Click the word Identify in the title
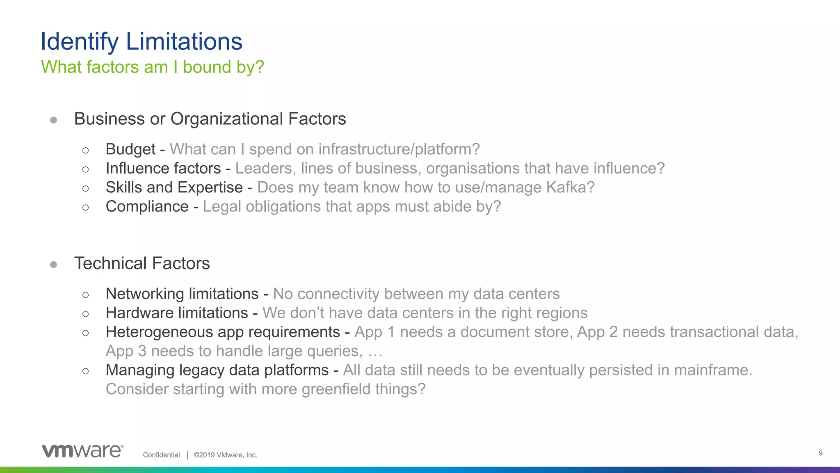tap(79, 42)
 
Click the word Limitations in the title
tap(184, 41)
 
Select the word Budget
tap(130, 150)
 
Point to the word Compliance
tap(147, 207)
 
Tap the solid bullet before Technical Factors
tap(53, 265)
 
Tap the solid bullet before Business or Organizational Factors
tap(53, 120)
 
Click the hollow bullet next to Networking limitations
tap(85, 295)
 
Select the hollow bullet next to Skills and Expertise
tap(85, 188)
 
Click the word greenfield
tap(336, 389)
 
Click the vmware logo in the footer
tap(82, 451)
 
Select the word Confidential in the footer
tap(161, 455)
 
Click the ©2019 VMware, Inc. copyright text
tap(225, 455)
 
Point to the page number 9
tap(820, 453)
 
